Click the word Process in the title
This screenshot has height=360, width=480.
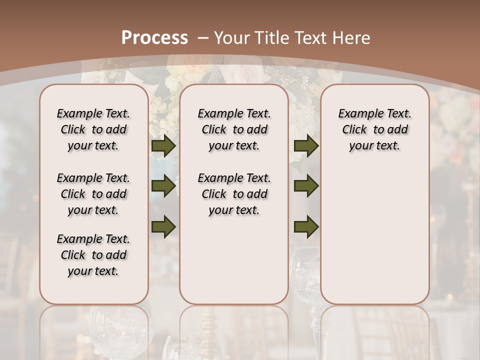point(154,37)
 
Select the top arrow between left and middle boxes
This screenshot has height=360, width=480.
point(163,145)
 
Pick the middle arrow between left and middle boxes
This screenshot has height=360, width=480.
point(163,186)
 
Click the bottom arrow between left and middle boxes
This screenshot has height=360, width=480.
point(163,226)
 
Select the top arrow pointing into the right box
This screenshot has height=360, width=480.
point(306,145)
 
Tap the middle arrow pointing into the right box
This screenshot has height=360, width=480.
point(306,186)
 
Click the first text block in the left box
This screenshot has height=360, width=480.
point(93,129)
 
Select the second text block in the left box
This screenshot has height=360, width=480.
point(93,194)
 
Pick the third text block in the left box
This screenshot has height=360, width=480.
point(93,255)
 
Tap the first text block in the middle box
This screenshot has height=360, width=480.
point(234,129)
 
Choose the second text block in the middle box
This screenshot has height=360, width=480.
point(234,194)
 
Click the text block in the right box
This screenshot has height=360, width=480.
point(374,129)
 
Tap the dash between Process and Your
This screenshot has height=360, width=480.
point(203,37)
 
